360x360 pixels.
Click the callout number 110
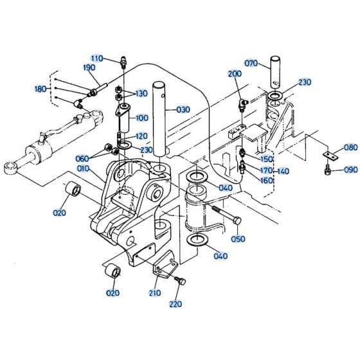pyautogui.click(x=96, y=58)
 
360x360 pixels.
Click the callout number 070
pyautogui.click(x=251, y=63)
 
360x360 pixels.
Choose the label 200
pyautogui.click(x=235, y=75)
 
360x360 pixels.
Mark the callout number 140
pyautogui.click(x=283, y=171)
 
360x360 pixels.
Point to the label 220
pyautogui.click(x=175, y=304)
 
